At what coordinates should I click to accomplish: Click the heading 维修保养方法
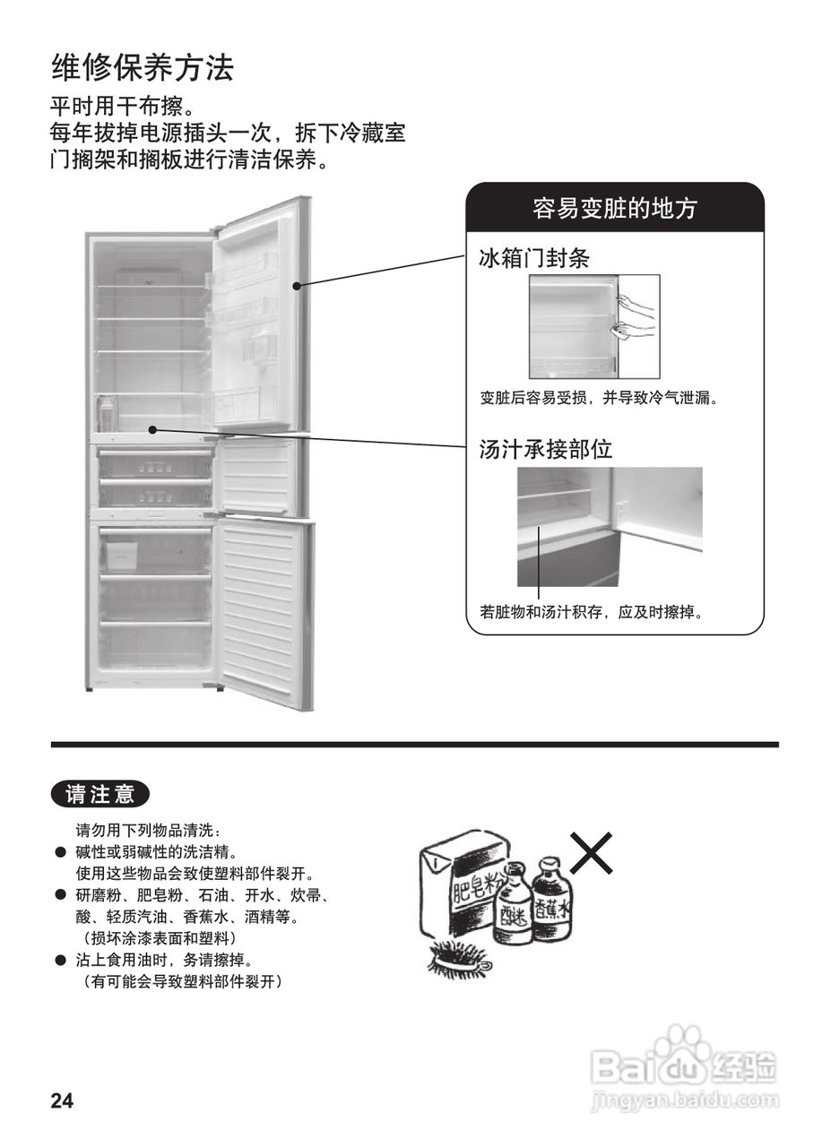(x=143, y=67)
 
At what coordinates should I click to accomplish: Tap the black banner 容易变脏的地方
(x=614, y=208)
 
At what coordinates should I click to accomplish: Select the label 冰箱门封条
(x=534, y=258)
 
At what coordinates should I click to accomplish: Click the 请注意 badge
(x=100, y=794)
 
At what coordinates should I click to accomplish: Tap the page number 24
(x=62, y=1101)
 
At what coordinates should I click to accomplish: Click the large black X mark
(x=592, y=852)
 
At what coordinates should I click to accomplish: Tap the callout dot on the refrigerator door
(x=297, y=285)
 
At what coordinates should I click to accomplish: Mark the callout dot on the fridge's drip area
(x=153, y=429)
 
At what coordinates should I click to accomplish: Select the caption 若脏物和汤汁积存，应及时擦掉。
(x=591, y=613)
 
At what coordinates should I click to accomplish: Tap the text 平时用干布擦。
(x=122, y=108)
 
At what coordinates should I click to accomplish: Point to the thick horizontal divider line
(x=414, y=745)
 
